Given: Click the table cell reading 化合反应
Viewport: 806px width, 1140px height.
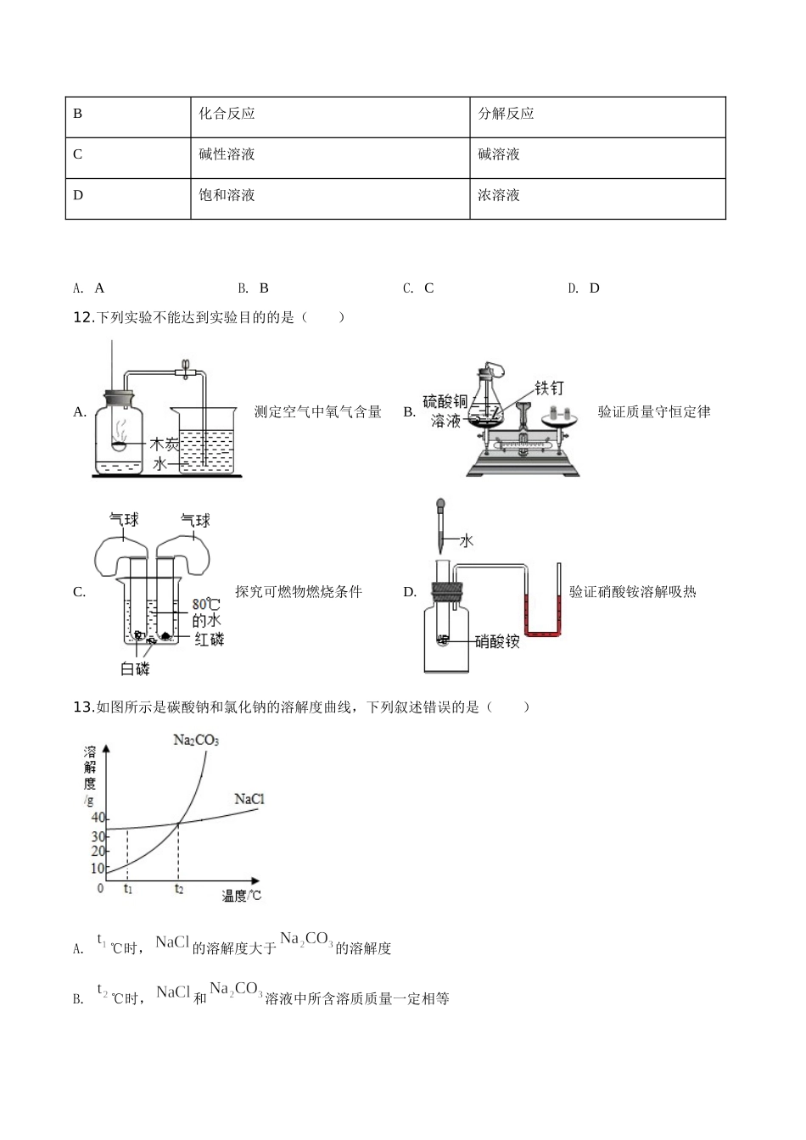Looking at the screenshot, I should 227,114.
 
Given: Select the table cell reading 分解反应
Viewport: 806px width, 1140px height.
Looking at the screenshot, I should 507,114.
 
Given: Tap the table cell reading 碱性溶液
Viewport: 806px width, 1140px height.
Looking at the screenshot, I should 227,154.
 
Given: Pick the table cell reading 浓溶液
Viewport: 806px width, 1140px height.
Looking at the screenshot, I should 499,195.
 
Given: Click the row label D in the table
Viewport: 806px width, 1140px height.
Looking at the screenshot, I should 78,195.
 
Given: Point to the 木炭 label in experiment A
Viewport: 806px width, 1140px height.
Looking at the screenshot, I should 165,444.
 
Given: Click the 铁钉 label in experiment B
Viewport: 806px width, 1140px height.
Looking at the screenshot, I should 549,388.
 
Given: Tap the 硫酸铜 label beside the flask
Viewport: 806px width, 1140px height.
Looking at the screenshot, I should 445,401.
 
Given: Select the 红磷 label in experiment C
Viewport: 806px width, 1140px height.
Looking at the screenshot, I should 210,639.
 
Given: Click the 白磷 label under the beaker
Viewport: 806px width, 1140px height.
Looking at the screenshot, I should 136,669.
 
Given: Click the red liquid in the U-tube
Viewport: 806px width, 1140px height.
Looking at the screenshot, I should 543,629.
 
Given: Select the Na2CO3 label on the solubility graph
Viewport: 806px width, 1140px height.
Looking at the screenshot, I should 196,740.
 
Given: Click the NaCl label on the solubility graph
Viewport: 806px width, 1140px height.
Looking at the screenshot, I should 249,799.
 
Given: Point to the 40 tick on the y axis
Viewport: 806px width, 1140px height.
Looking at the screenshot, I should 98,818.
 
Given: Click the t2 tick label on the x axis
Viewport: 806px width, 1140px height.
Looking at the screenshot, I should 178,889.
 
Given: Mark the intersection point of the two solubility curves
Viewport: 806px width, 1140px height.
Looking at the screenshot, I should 178,823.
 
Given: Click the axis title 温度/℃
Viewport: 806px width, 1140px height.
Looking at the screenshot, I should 242,895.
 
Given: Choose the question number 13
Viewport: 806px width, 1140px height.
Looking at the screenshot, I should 82,707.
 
